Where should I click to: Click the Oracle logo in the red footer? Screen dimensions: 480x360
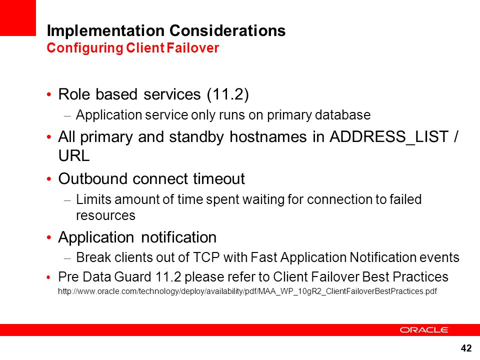coord(423,329)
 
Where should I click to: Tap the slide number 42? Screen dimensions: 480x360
coord(466,348)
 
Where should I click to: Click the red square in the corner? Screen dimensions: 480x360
coord(18,18)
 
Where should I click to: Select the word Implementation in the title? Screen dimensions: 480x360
coord(105,31)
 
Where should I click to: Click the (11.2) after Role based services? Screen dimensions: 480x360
coord(228,94)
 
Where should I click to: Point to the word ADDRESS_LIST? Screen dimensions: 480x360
coord(389,137)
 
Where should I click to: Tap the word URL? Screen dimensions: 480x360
coord(74,155)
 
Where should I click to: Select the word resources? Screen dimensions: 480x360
coord(105,215)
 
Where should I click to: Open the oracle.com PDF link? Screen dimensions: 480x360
coord(247,291)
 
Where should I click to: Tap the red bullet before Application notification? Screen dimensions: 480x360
coord(49,237)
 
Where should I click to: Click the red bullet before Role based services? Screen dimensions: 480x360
coord(49,94)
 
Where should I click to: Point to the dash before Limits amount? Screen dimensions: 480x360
coord(67,201)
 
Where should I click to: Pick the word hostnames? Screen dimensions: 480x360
coord(268,137)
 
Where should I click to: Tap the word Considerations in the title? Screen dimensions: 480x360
coord(227,30)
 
